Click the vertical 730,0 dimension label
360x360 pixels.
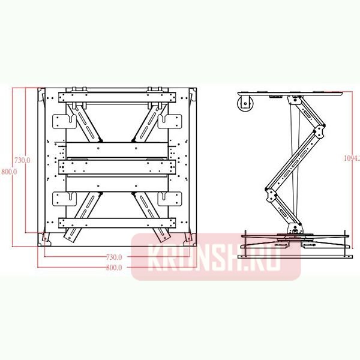click(x=22, y=161)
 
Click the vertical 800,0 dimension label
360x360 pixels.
click(x=9, y=171)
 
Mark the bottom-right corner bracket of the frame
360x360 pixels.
click(x=191, y=239)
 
